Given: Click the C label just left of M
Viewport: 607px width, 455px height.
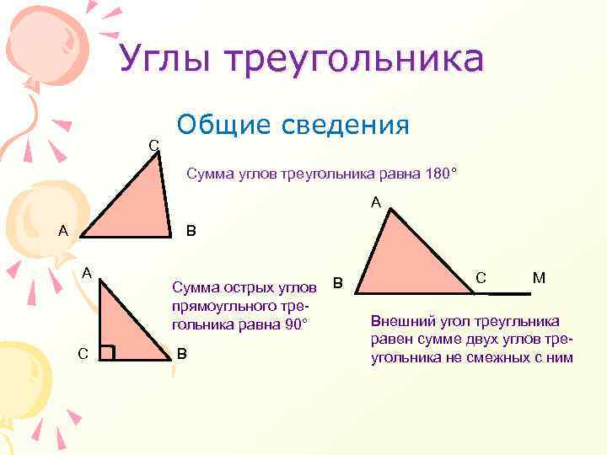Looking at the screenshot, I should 480,276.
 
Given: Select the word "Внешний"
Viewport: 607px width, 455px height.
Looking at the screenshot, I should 400,322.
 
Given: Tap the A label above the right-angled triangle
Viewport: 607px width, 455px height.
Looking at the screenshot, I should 86,272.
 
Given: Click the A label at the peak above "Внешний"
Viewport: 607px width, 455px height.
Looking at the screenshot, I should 376,201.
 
